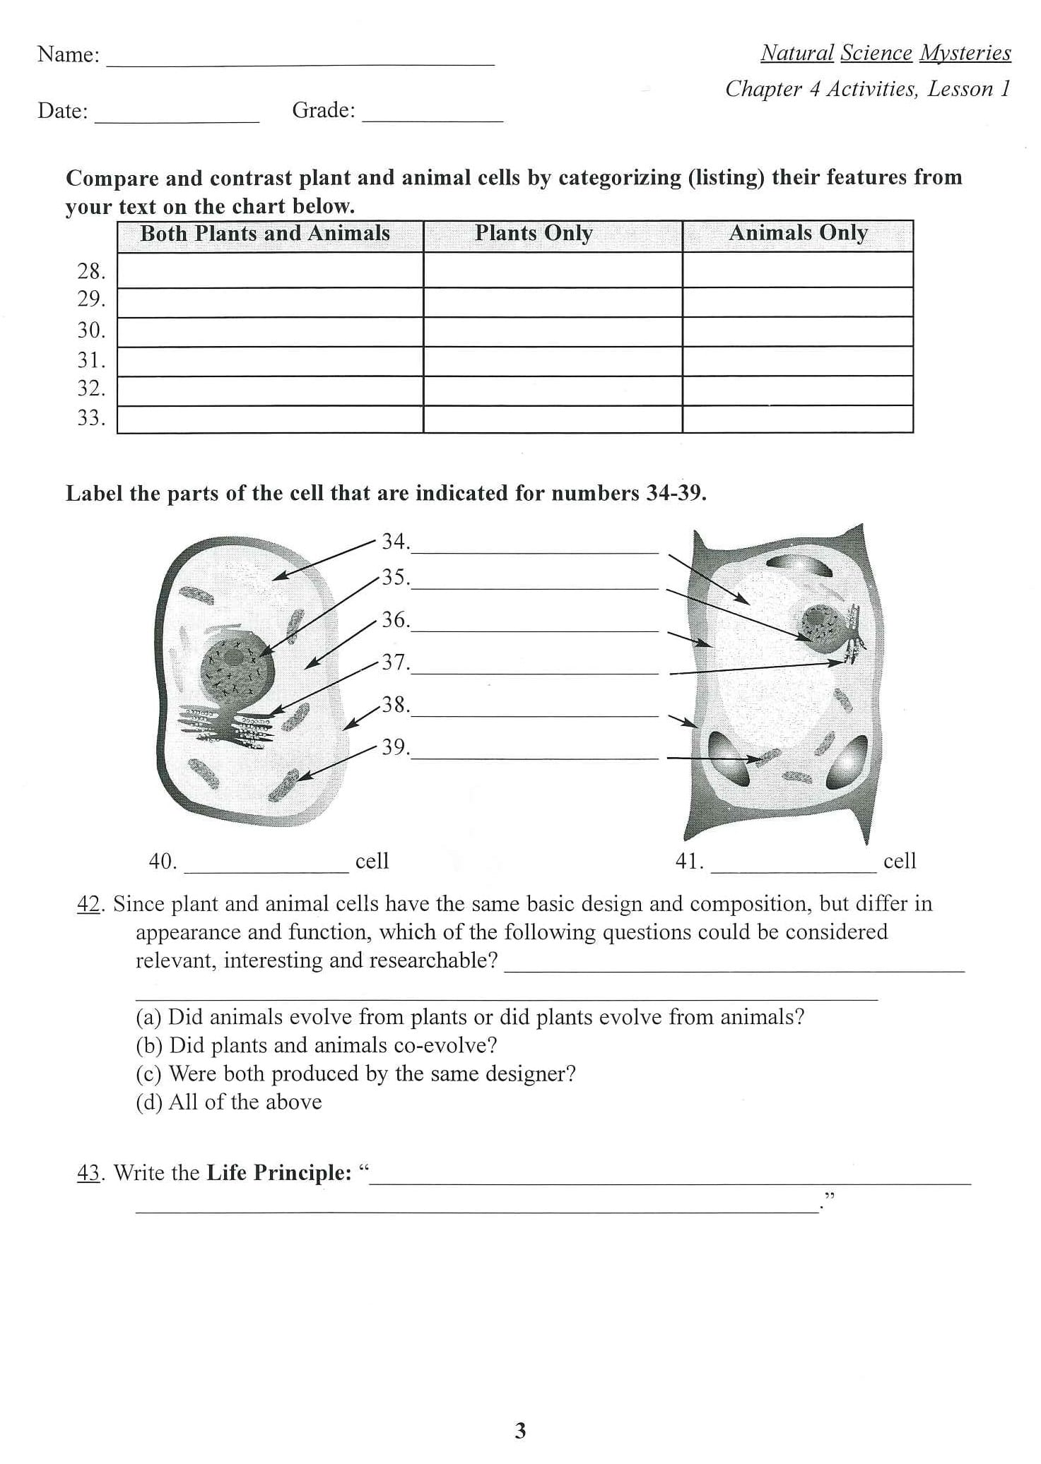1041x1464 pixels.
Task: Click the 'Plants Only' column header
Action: point(534,234)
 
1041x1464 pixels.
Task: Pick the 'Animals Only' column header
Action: point(798,234)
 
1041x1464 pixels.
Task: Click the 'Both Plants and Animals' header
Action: point(265,234)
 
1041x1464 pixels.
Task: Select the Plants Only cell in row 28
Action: point(553,270)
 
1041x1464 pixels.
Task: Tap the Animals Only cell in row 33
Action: point(797,419)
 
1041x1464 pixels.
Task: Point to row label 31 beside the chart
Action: point(91,361)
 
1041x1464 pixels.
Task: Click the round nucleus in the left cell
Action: point(237,671)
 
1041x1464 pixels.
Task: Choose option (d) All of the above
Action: point(228,1102)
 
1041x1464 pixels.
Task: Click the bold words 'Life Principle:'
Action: point(278,1173)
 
